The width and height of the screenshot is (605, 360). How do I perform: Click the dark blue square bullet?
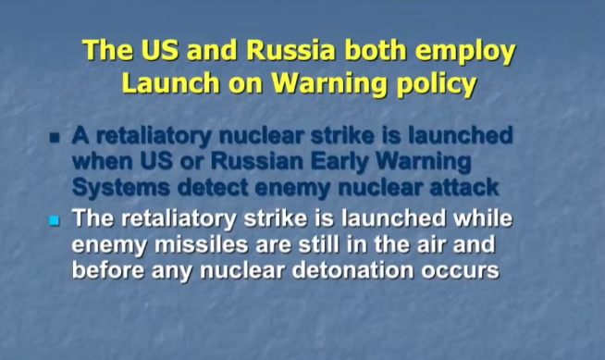(x=55, y=138)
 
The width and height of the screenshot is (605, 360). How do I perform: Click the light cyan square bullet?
(x=55, y=220)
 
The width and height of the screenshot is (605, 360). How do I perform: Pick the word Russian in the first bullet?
(x=256, y=161)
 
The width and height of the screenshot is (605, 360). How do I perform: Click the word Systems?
(x=121, y=188)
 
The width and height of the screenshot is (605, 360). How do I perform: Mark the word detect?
(x=213, y=188)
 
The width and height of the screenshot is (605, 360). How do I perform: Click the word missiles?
(x=201, y=244)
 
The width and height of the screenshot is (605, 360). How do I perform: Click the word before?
(x=108, y=270)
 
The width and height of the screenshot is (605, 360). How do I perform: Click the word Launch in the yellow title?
(x=170, y=83)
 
